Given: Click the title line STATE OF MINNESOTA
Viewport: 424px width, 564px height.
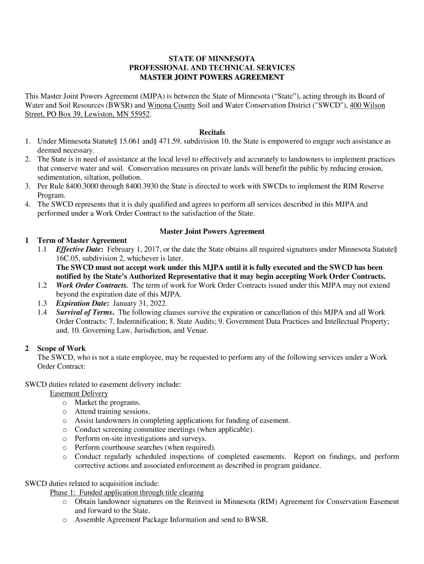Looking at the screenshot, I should pos(212,58).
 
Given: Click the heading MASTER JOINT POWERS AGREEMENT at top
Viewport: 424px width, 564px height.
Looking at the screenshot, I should pos(212,77).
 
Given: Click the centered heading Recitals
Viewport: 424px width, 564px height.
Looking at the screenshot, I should pos(212,132).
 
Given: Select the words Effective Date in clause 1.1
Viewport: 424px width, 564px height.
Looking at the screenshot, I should pos(79,249).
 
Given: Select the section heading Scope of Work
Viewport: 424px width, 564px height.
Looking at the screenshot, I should pos(61,349).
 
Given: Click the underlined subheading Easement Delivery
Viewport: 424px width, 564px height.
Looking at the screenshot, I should pos(79,394).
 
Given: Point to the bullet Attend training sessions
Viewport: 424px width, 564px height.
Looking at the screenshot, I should pos(112,411).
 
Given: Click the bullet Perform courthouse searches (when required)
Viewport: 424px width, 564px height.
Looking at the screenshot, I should pos(145,447).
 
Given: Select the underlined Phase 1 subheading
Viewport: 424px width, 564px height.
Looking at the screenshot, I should pos(127,492).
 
